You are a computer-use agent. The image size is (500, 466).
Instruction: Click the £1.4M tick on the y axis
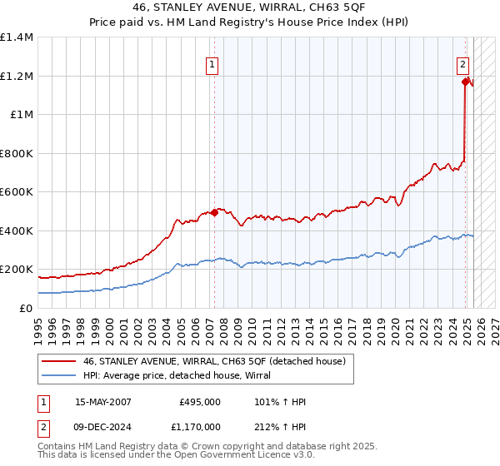click(17, 37)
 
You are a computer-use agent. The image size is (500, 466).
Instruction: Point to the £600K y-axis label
click(17, 192)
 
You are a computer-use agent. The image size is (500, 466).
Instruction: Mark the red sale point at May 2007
click(214, 212)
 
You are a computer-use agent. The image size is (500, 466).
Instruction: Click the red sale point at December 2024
click(465, 82)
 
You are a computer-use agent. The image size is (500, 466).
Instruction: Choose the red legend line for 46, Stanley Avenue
click(59, 361)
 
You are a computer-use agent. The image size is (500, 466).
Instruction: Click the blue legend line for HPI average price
click(59, 375)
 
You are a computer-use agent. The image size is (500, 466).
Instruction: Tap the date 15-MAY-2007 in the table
click(103, 402)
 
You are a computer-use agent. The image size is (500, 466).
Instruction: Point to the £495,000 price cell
click(200, 402)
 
